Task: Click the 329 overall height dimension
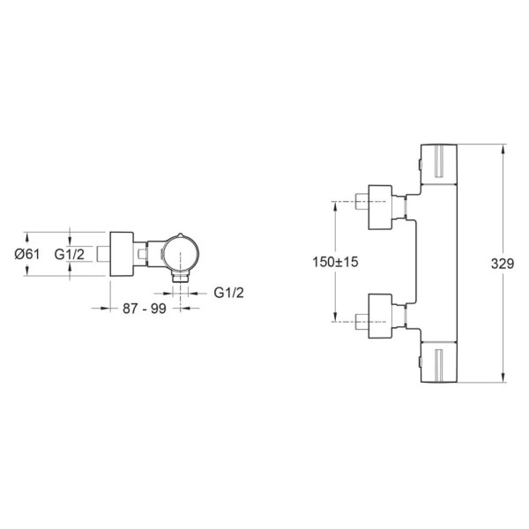(x=503, y=264)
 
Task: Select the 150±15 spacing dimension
(x=335, y=262)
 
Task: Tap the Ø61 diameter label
(x=27, y=254)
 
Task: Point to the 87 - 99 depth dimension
(x=145, y=308)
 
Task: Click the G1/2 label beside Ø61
(x=70, y=254)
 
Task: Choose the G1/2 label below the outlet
(x=228, y=293)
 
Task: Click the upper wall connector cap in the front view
(x=380, y=207)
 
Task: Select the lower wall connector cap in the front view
(x=380, y=316)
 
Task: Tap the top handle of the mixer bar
(x=439, y=165)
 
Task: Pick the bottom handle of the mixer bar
(x=439, y=362)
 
